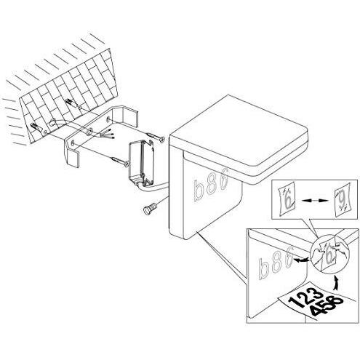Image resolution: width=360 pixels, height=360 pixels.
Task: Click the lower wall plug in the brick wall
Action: tap(35, 127)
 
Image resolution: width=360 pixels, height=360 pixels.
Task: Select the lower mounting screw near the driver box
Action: tap(120, 161)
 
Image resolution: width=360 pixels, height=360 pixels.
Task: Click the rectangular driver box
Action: tap(141, 164)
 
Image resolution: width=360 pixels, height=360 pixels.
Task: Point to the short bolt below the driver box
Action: tap(151, 208)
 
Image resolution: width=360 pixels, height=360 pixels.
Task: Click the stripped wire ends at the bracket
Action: tap(108, 135)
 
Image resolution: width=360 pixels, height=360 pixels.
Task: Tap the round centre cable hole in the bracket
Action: tap(89, 132)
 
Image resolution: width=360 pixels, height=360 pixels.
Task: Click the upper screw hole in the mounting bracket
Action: tap(108, 119)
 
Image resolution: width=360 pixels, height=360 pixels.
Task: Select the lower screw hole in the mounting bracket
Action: tap(72, 143)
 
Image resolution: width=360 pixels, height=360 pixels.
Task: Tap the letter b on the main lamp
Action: tap(199, 191)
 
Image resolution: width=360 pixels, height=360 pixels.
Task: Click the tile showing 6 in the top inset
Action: tap(288, 199)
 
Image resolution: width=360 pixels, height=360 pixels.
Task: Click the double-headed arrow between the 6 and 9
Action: tap(315, 201)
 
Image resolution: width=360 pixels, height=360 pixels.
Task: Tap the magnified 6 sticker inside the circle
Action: tap(329, 257)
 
